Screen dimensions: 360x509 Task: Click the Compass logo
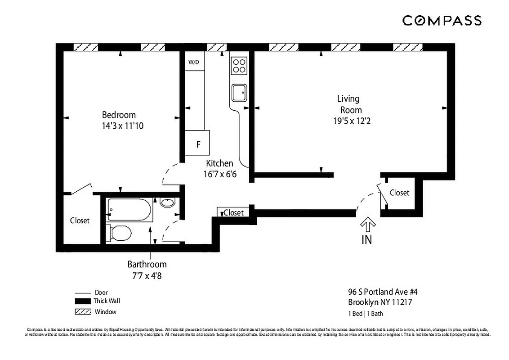[442, 20]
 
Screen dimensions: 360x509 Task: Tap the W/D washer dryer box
[194, 62]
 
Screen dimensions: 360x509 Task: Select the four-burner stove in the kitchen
[239, 66]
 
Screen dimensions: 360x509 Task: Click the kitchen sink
[239, 93]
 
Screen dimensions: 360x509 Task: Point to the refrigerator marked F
[197, 144]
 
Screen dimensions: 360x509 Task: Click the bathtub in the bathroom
[129, 210]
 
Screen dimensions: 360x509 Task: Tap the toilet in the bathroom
[120, 233]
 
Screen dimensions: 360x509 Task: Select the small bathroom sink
[167, 203]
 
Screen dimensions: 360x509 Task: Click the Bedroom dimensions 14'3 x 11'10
[122, 126]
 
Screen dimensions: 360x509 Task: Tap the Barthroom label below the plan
[147, 264]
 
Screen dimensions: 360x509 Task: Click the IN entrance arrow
[367, 225]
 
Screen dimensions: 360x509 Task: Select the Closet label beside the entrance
[399, 193]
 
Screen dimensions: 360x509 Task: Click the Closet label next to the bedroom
[80, 220]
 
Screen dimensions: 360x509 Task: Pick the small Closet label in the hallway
[233, 212]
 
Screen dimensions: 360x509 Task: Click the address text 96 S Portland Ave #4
[380, 292]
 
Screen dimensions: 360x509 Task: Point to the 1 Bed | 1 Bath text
[366, 314]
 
